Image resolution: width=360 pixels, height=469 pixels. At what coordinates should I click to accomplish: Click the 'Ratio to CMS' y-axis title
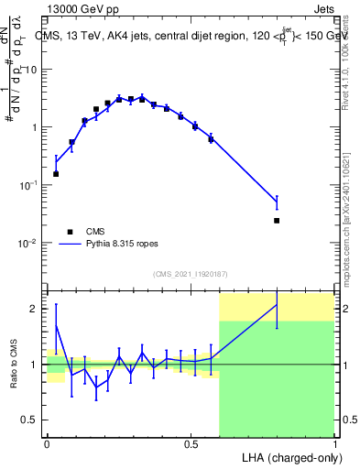(15, 364)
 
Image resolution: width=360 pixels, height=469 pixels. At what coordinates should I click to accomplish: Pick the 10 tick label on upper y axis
(33, 70)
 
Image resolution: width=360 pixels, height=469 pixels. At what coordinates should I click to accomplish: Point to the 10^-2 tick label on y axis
(29, 243)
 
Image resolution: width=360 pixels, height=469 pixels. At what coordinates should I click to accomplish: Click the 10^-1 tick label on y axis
(29, 185)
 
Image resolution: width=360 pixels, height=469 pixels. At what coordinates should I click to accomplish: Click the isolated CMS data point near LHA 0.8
(277, 221)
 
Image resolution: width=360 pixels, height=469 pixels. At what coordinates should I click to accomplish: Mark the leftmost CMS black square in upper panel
(56, 173)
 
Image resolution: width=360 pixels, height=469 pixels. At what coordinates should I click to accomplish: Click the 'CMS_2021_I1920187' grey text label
(190, 274)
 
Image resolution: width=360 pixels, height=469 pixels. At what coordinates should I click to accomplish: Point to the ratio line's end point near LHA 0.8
(277, 304)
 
